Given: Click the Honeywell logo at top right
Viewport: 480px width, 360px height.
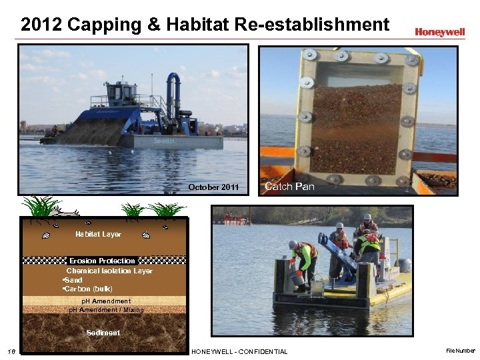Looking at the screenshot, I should point(439,31).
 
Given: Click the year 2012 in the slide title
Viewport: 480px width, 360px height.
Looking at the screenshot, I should point(41,25).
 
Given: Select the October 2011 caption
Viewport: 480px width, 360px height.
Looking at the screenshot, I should point(213,187).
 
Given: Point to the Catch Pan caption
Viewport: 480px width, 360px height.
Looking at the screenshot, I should point(289,187).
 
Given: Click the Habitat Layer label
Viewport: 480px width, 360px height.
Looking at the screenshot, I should point(98,234).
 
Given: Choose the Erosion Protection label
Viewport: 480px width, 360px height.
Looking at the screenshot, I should point(102,261).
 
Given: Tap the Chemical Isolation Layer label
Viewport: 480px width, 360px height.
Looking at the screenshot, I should point(109,271).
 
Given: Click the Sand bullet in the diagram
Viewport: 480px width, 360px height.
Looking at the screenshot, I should point(73,280).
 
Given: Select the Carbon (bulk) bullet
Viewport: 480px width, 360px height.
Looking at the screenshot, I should point(88,289).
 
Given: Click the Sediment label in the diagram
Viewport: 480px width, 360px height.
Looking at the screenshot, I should point(103,333).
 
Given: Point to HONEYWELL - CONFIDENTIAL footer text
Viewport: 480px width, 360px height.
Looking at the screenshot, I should point(239,351).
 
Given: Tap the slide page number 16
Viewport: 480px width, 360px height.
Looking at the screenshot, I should point(11,351).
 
